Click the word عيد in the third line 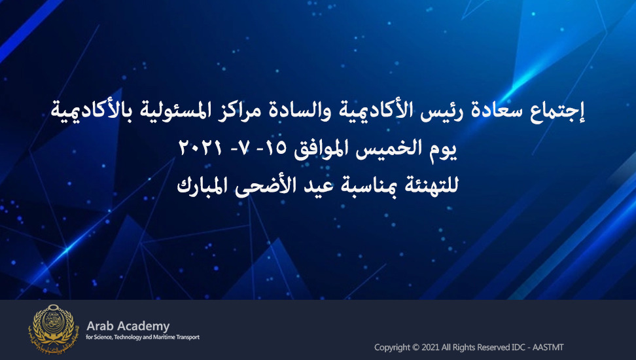pyautogui.click(x=317, y=185)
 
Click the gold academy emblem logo pyautogui.click(x=52, y=328)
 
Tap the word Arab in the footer pyautogui.click(x=99, y=326)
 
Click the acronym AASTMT pyautogui.click(x=548, y=348)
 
